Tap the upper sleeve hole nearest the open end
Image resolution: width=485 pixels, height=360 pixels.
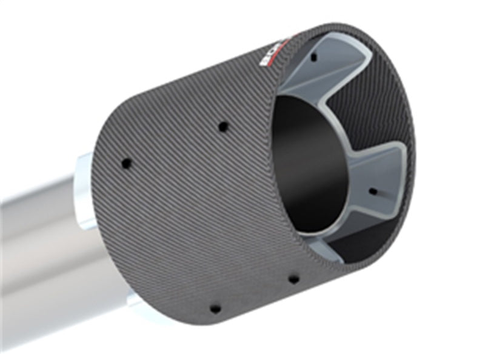[x=223, y=127]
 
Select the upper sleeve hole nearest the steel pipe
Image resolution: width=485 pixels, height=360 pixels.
[x=126, y=163]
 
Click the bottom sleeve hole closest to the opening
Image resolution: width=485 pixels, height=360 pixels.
[x=293, y=279]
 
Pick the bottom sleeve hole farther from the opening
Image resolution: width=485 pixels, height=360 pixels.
[x=215, y=308]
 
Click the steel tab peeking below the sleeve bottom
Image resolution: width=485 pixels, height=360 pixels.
[x=136, y=301]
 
